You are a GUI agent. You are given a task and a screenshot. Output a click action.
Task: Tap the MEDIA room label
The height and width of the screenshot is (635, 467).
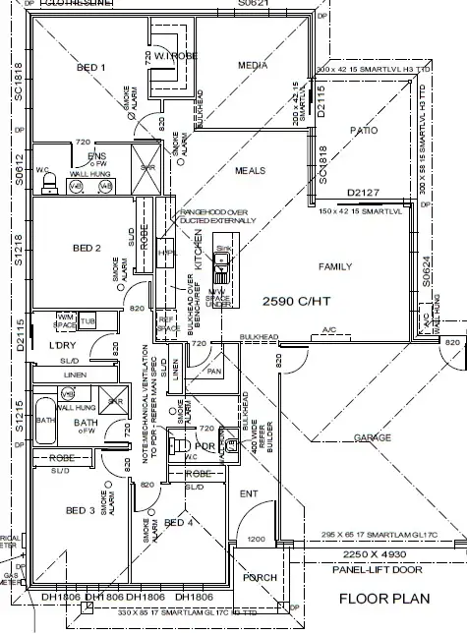coord(253,66)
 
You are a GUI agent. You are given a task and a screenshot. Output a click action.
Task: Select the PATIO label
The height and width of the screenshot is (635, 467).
coord(364,130)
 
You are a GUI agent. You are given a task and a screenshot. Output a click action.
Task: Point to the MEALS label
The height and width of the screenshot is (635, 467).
coord(250,170)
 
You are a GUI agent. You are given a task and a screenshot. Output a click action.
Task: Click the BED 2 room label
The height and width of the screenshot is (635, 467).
coord(85,249)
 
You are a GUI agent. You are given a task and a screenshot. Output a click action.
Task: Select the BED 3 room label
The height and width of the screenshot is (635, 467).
coord(80,511)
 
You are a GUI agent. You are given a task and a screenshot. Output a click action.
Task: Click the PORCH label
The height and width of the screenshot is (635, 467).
coord(261,577)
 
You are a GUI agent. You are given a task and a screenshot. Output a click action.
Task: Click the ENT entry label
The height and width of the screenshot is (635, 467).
coord(247,493)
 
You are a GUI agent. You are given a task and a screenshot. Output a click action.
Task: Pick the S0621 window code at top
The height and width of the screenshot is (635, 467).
coord(253,5)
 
